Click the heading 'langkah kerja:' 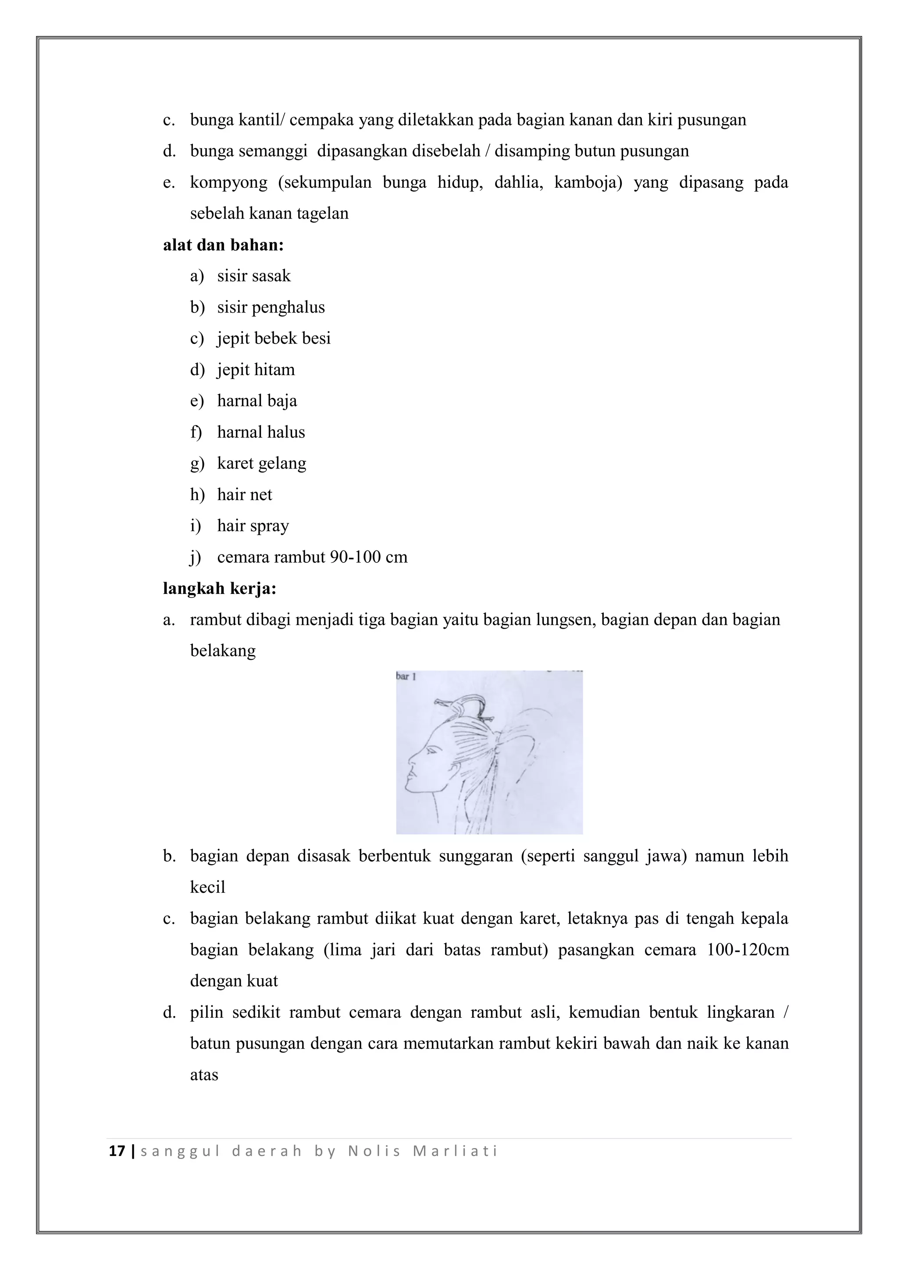click(x=220, y=589)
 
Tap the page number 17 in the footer click(x=117, y=1152)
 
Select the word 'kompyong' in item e click(x=228, y=182)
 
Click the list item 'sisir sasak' click(x=254, y=276)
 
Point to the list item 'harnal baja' click(x=257, y=401)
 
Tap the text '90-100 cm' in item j click(x=368, y=557)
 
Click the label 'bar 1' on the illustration click(x=406, y=676)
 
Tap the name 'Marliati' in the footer click(x=455, y=1152)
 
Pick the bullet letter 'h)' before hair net click(x=197, y=494)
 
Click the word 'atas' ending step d click(x=204, y=1075)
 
